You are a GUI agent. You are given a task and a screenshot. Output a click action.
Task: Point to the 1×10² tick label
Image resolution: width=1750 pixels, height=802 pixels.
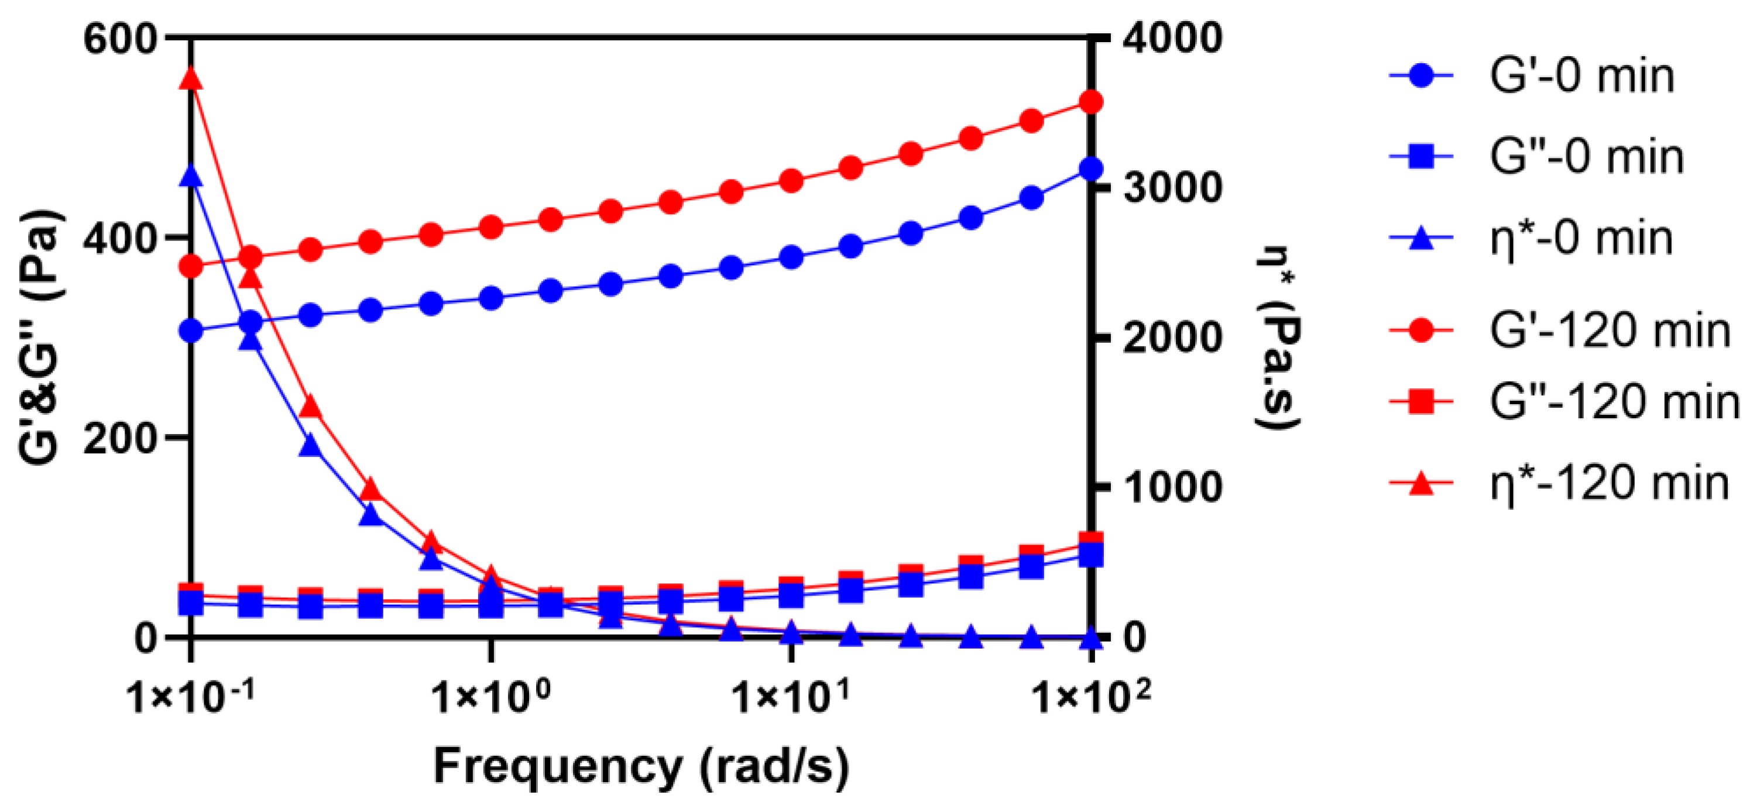1092,696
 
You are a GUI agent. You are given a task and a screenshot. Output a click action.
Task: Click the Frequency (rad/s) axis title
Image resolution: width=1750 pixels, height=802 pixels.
641,766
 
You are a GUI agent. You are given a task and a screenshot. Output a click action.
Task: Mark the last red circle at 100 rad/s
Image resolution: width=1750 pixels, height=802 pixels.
1091,102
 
